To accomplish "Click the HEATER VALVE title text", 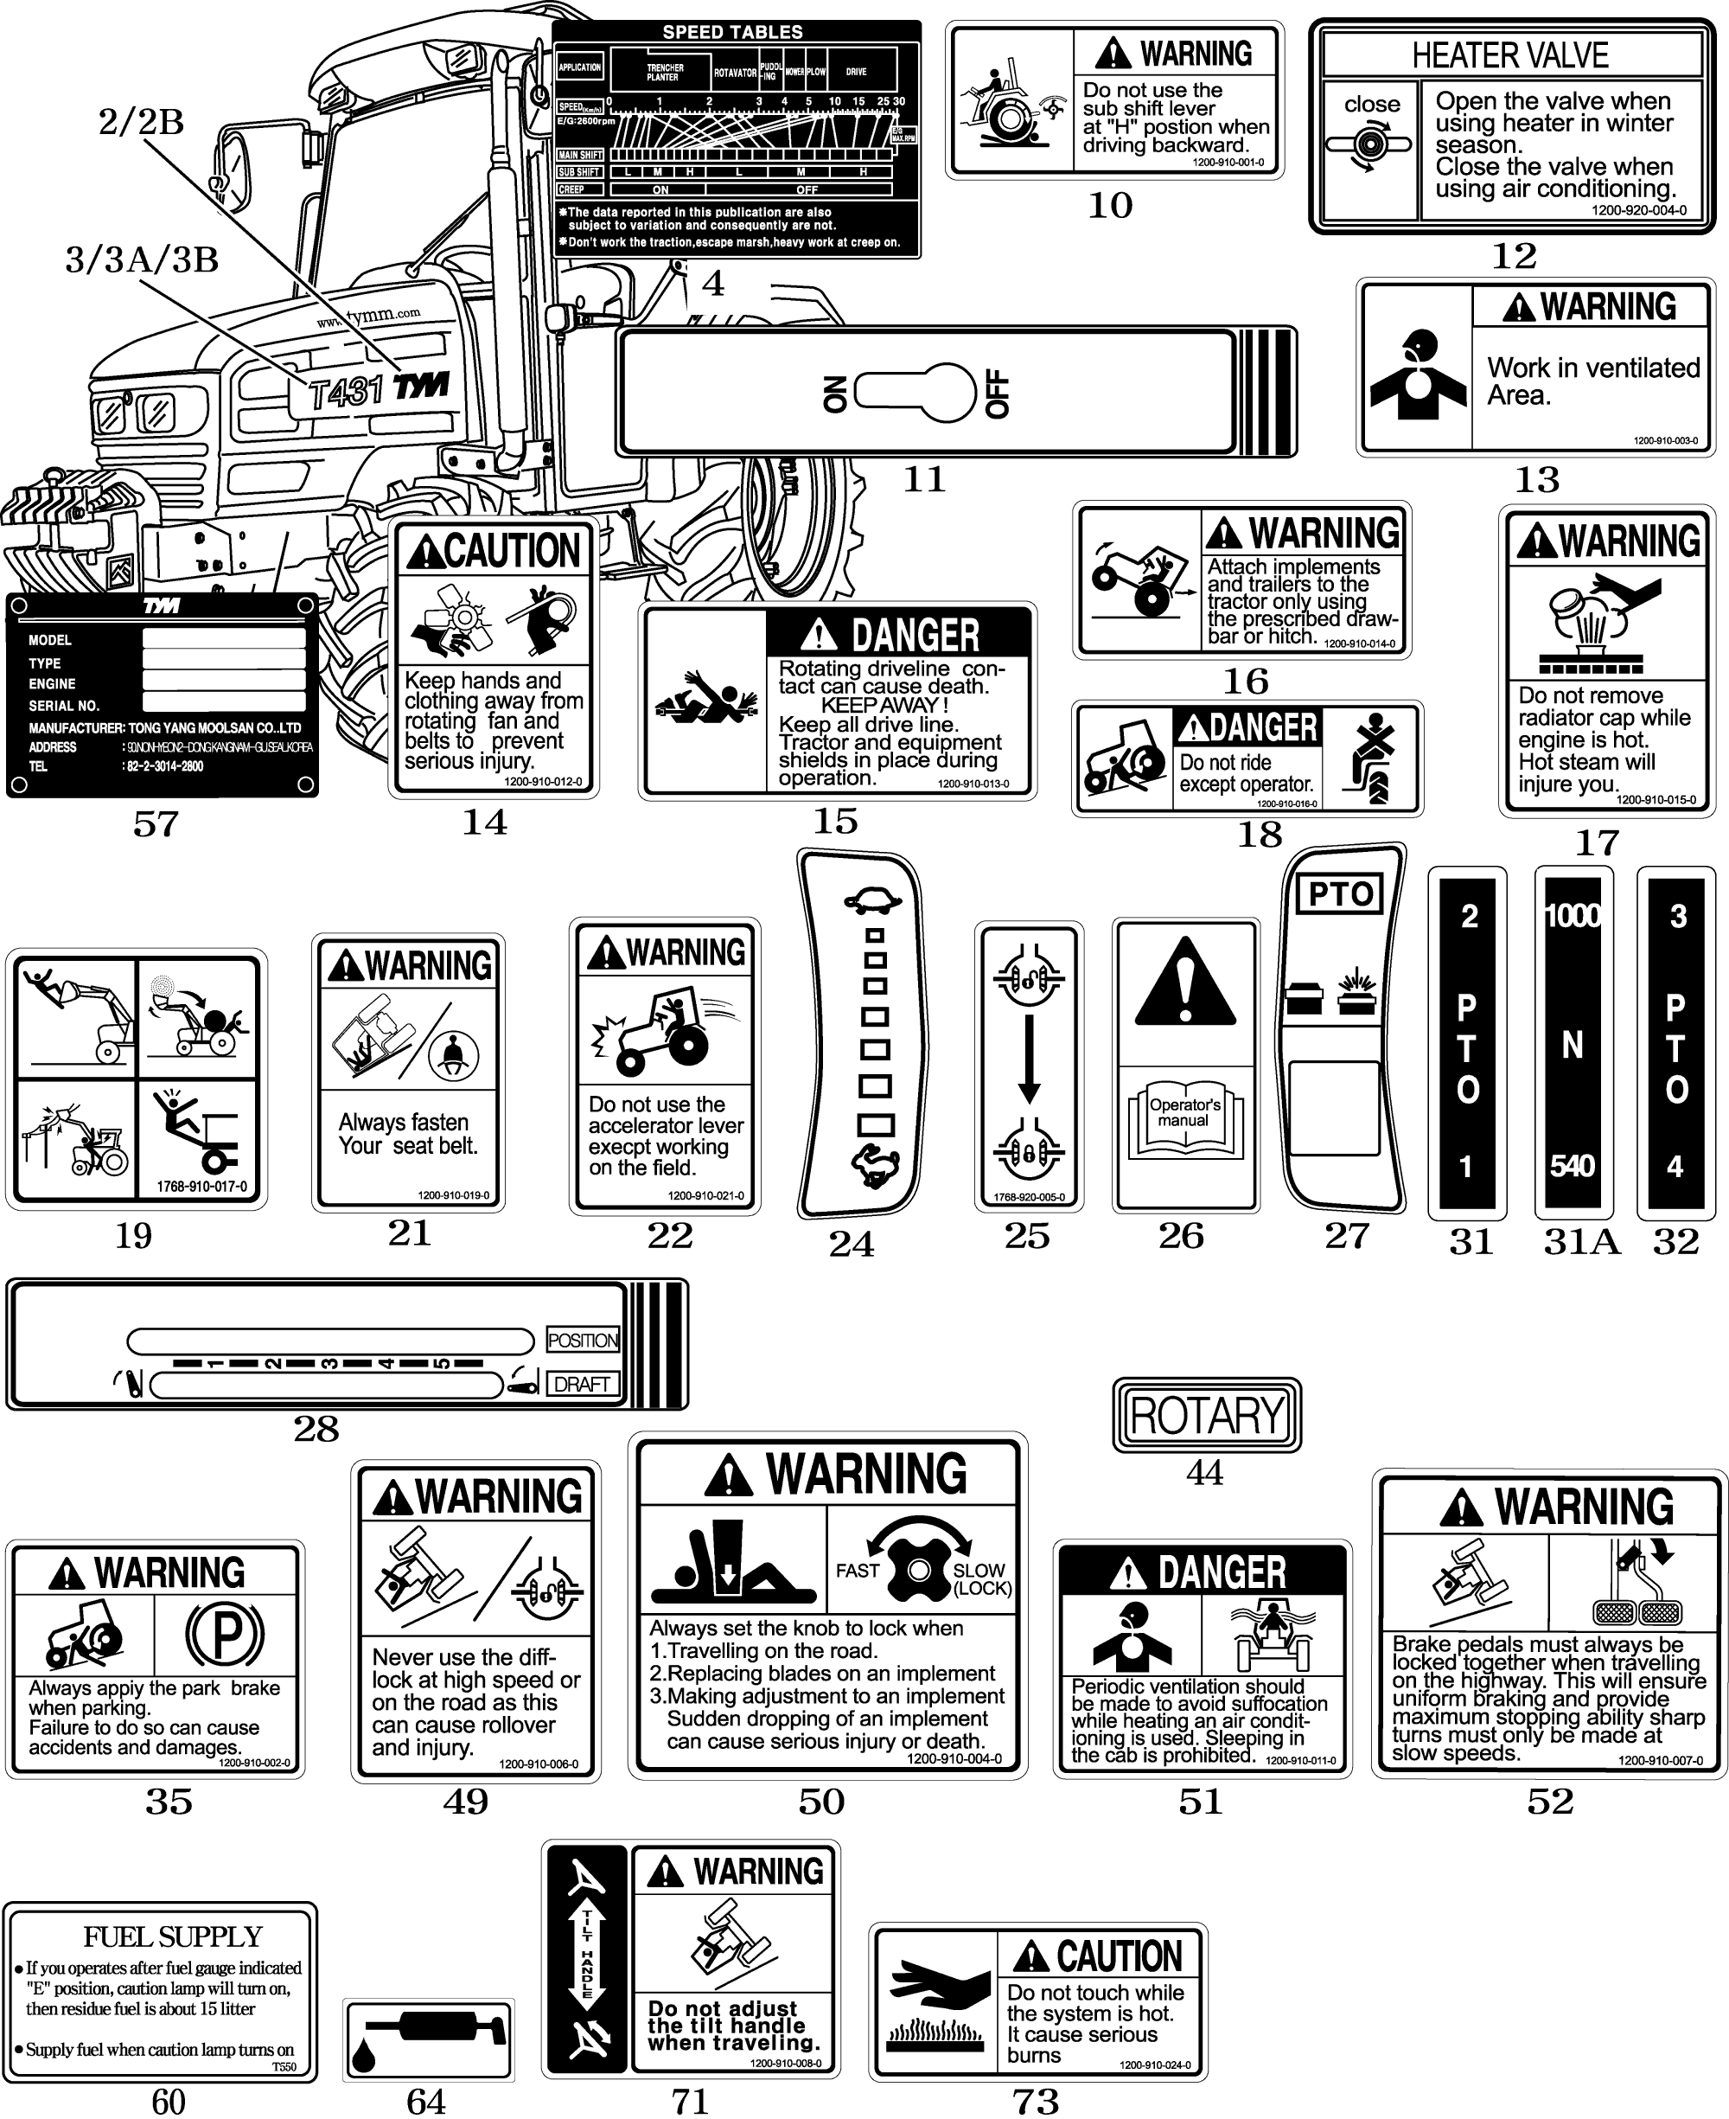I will (x=1510, y=56).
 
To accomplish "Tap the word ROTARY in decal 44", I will (x=1207, y=1415).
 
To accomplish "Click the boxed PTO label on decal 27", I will (x=1341, y=893).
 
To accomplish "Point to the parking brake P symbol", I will (x=225, y=1634).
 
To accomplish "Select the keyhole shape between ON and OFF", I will (x=916, y=393).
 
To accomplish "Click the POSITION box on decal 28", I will (x=583, y=1340).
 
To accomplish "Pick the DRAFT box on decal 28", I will (x=582, y=1384).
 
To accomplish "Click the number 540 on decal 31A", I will (x=1573, y=1165).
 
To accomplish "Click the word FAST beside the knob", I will (x=857, y=1571).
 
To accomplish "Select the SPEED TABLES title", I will (x=732, y=32).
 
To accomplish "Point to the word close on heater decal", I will (x=1371, y=105).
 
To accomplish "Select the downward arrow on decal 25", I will (x=1030, y=1059).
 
